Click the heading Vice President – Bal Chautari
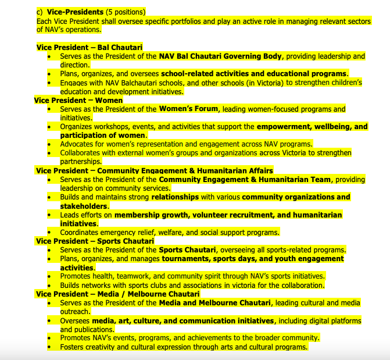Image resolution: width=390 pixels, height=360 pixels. pos(89,47)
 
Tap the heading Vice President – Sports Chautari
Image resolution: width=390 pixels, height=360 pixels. pos(94,241)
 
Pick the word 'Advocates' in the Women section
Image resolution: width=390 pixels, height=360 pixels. pos(78,144)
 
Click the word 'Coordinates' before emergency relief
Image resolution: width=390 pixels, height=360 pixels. pos(82,232)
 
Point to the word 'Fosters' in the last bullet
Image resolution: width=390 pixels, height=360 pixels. pos(74,347)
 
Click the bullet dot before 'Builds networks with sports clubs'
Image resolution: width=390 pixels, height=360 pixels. pos(49,285)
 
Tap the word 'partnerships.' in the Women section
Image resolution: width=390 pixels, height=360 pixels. pos(81,162)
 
